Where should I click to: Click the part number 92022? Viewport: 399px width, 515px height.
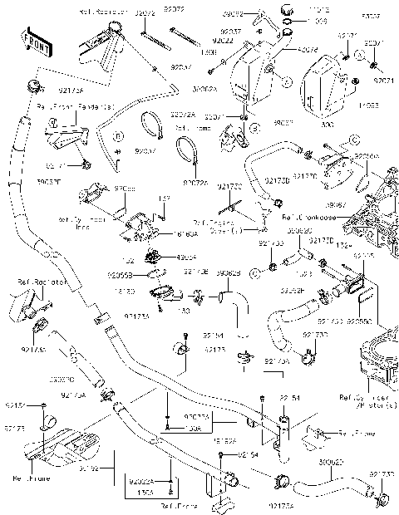click(221, 41)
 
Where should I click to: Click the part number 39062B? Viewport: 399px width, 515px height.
click(229, 272)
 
